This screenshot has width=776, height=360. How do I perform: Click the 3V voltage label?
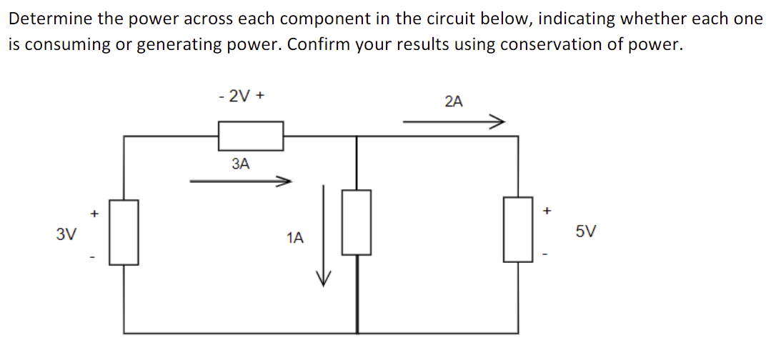click(x=66, y=234)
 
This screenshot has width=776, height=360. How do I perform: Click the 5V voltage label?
click(x=585, y=232)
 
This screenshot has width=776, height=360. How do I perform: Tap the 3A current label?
click(x=241, y=164)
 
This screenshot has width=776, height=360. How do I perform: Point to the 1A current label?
click(x=294, y=237)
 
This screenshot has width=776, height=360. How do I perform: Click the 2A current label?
click(x=453, y=101)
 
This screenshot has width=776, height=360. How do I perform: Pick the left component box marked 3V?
click(x=124, y=233)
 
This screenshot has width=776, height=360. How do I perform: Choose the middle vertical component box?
click(x=356, y=222)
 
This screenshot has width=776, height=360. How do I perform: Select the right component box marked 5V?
click(x=519, y=229)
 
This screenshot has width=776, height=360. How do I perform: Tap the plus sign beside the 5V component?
click(x=547, y=211)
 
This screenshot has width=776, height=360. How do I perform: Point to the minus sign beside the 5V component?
click(x=547, y=256)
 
